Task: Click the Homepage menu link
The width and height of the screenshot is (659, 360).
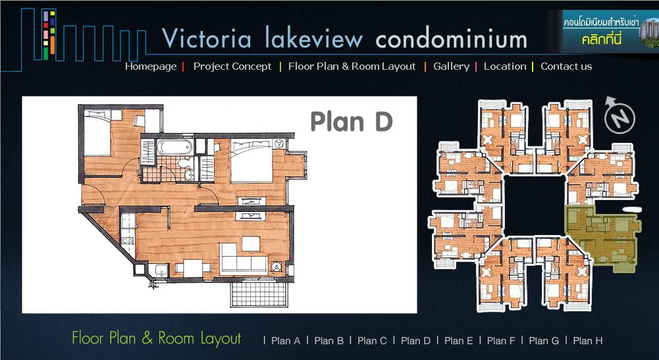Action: pyautogui.click(x=151, y=66)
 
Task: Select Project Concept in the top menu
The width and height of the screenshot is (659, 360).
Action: pyautogui.click(x=232, y=66)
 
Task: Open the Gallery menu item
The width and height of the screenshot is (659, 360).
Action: pyautogui.click(x=451, y=66)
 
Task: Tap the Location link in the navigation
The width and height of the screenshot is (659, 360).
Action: pyautogui.click(x=505, y=66)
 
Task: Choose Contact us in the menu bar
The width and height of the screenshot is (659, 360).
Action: pyautogui.click(x=566, y=66)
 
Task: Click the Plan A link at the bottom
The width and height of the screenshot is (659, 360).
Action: pyautogui.click(x=286, y=341)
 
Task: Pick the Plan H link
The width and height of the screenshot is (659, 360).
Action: pyautogui.click(x=587, y=341)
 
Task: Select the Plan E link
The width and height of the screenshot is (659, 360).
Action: pyautogui.click(x=458, y=341)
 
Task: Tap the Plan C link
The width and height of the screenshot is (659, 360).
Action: pyautogui.click(x=372, y=341)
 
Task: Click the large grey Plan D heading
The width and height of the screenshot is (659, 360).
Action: pyautogui.click(x=352, y=122)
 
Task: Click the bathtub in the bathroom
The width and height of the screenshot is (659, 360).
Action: pyautogui.click(x=174, y=147)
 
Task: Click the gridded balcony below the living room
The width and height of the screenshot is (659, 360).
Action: pyautogui.click(x=259, y=294)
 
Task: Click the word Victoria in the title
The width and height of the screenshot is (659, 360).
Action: pyautogui.click(x=207, y=39)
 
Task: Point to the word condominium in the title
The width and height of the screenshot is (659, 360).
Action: pyautogui.click(x=451, y=39)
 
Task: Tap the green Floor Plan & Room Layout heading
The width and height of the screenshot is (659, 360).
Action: pyautogui.click(x=156, y=338)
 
